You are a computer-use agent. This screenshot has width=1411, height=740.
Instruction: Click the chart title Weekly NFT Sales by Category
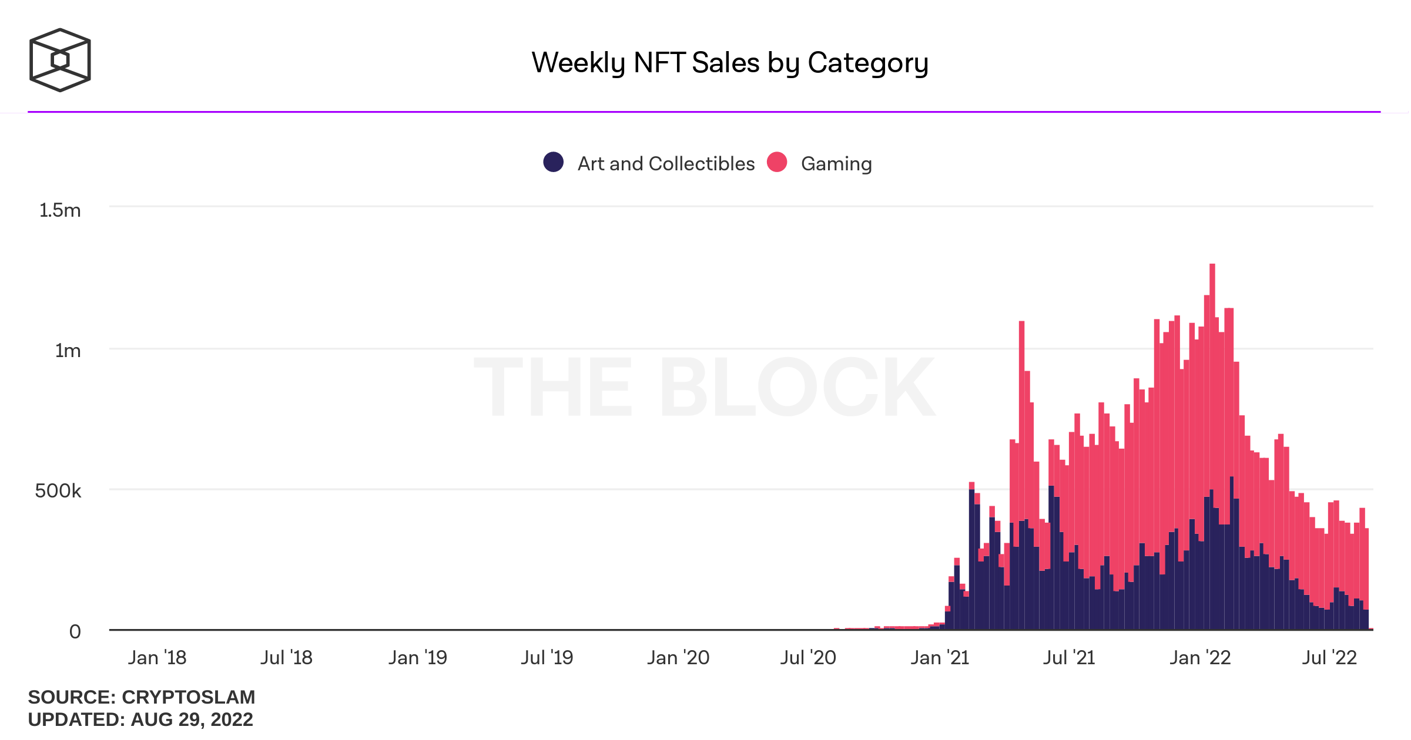click(x=729, y=63)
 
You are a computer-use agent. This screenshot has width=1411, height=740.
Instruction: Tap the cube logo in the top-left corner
click(x=60, y=60)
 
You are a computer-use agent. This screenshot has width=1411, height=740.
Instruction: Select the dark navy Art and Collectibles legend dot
click(x=553, y=162)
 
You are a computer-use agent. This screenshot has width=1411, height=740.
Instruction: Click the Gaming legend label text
click(x=836, y=163)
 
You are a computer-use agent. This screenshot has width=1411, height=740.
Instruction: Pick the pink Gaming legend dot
click(x=777, y=162)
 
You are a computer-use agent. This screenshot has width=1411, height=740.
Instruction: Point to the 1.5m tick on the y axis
click(x=60, y=210)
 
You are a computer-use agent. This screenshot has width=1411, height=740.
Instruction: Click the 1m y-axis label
click(x=68, y=351)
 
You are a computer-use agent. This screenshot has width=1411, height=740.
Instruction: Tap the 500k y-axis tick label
click(x=58, y=490)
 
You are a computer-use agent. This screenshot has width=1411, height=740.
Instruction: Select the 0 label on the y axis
click(x=75, y=631)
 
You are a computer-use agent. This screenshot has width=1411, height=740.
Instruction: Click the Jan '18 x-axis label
click(x=157, y=657)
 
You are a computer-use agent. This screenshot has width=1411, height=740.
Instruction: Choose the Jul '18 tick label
click(x=286, y=657)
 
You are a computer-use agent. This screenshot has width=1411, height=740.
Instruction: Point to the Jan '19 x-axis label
click(x=417, y=657)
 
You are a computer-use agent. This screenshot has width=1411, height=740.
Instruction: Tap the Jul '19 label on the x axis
click(x=547, y=657)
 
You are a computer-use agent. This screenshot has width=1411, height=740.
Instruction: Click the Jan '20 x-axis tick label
click(x=678, y=657)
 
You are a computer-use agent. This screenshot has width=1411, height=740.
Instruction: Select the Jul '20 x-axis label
click(x=808, y=657)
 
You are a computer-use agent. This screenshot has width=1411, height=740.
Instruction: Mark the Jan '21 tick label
click(x=940, y=657)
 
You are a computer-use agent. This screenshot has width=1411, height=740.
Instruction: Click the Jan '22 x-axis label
click(x=1200, y=657)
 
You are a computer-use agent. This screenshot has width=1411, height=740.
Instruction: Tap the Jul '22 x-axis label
click(x=1329, y=657)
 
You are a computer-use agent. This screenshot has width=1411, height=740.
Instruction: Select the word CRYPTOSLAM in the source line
click(x=188, y=697)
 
